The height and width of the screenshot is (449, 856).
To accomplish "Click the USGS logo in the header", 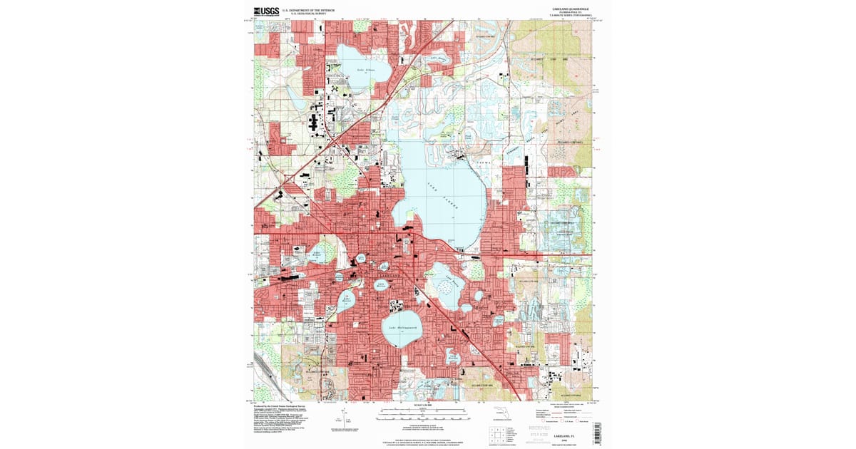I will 267,11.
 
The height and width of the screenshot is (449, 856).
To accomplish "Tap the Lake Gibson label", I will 366,69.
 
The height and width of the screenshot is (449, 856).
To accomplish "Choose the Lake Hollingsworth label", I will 401,328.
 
